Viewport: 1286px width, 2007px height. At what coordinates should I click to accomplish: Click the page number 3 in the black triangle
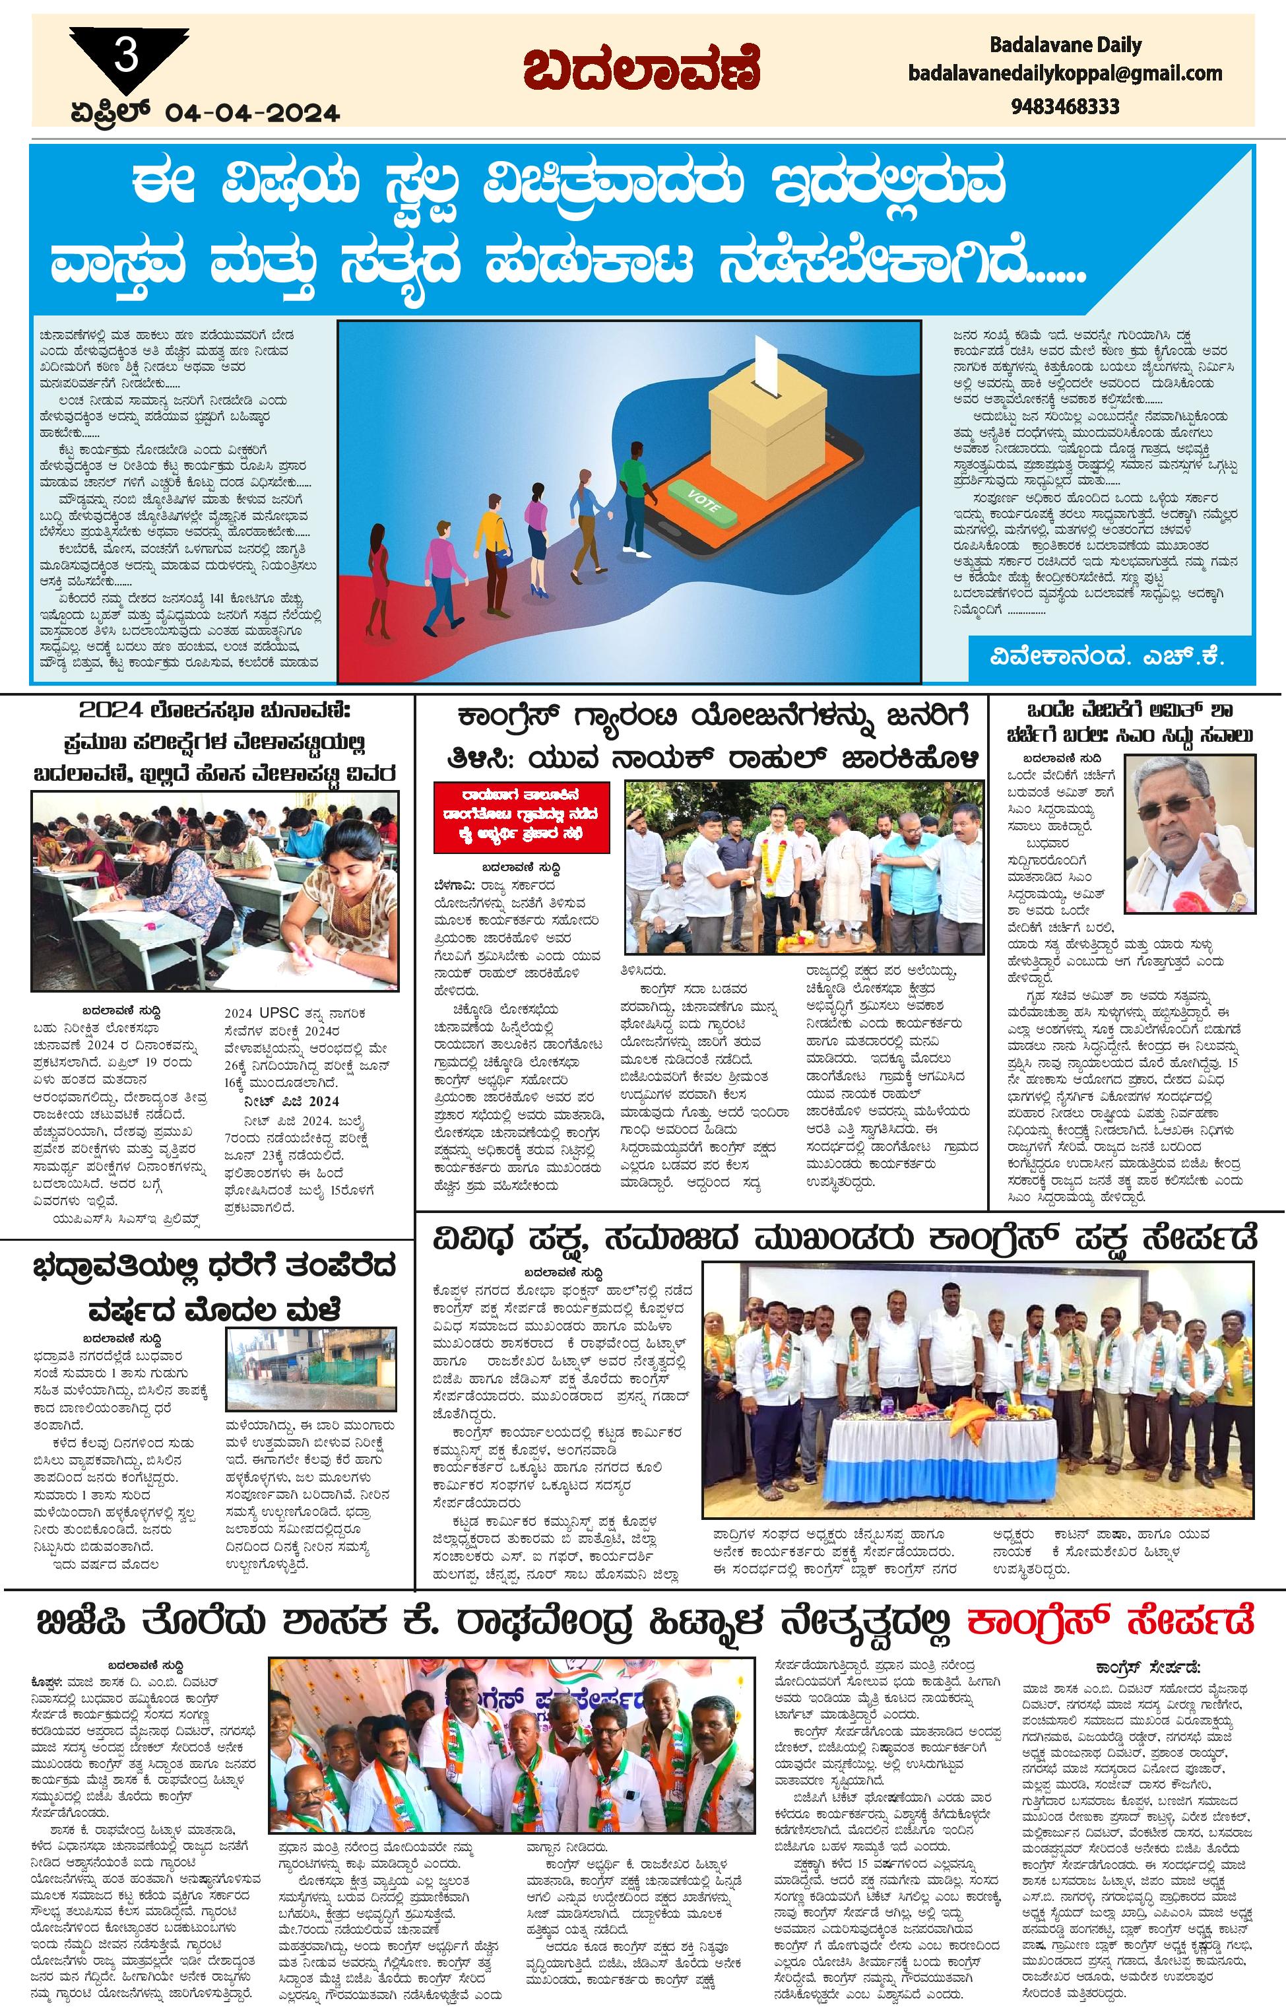(x=127, y=59)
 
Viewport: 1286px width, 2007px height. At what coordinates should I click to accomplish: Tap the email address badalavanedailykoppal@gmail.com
(x=1065, y=73)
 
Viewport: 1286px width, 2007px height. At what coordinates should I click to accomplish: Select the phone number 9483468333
(x=1065, y=106)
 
